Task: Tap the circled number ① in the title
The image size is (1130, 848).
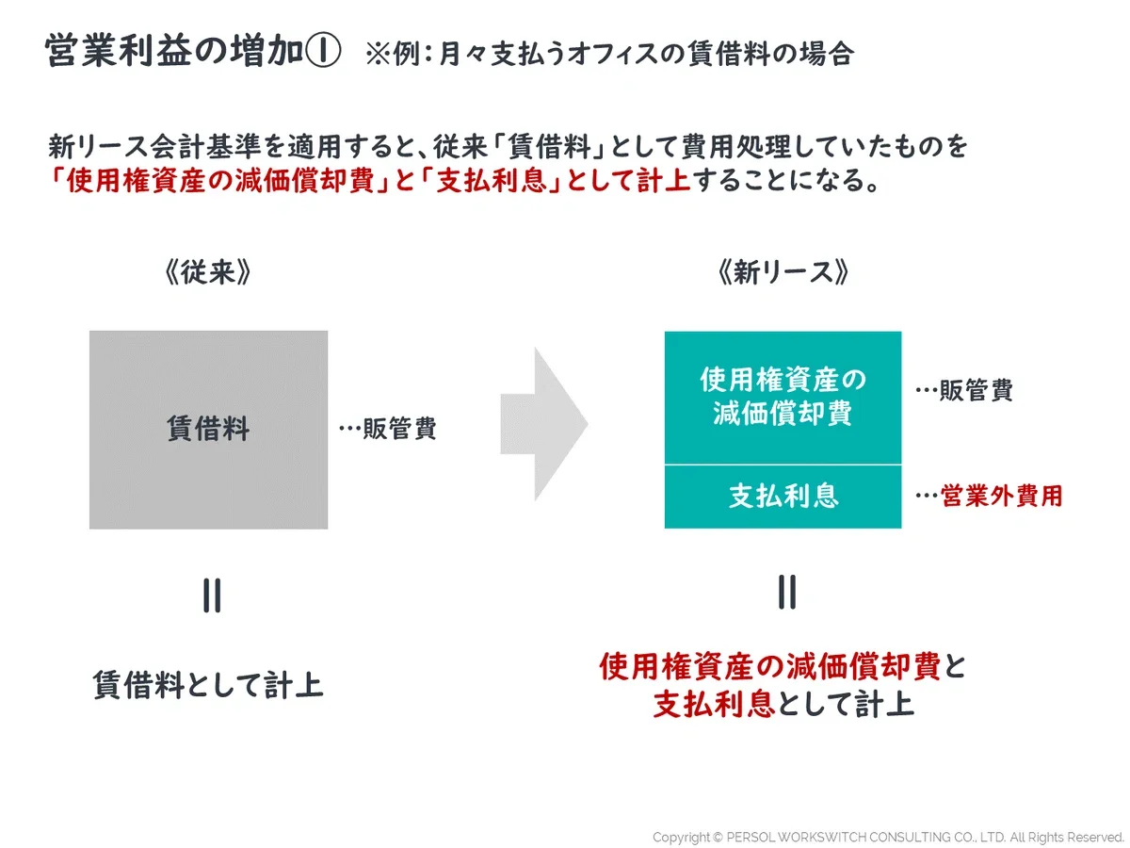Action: click(322, 54)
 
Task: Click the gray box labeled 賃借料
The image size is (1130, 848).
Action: click(208, 430)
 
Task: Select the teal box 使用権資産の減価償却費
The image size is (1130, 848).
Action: click(783, 397)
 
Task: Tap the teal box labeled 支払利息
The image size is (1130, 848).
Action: click(783, 496)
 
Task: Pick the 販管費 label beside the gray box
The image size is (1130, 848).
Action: click(388, 430)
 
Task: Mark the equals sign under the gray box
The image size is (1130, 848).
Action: click(212, 596)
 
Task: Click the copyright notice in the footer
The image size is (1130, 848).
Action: click(888, 837)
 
